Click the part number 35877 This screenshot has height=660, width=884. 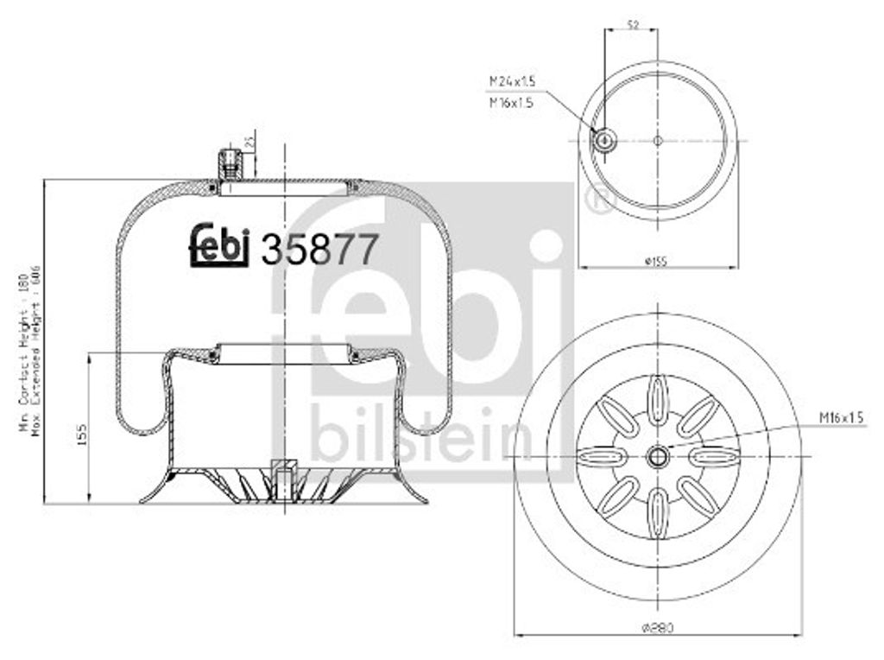point(319,250)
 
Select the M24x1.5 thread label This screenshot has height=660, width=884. point(513,81)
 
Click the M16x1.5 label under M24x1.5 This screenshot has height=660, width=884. point(513,102)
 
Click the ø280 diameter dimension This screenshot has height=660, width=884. point(658,628)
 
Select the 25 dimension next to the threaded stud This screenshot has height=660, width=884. point(249,140)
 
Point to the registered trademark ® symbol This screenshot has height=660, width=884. point(598,200)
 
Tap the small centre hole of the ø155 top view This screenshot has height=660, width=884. point(658,140)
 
